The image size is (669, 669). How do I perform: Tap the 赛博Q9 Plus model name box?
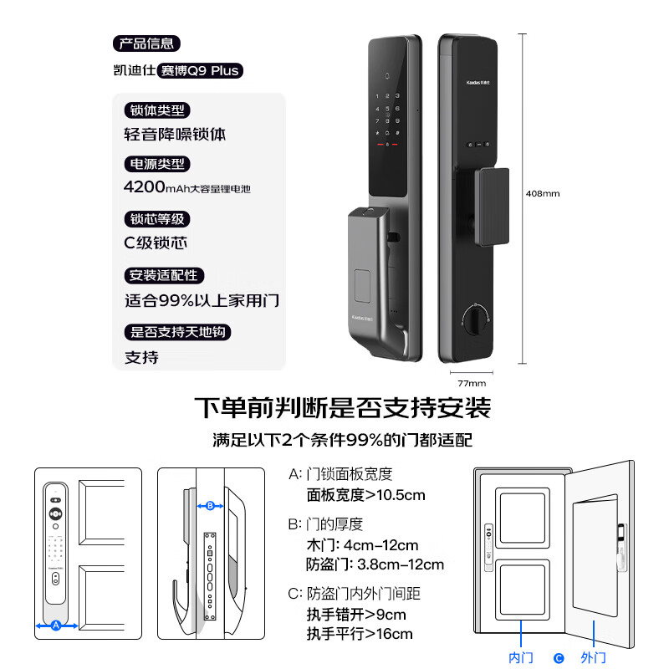click(201, 70)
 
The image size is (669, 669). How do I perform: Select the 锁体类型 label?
click(156, 110)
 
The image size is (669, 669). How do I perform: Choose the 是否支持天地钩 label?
click(177, 332)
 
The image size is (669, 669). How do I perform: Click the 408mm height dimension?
click(542, 193)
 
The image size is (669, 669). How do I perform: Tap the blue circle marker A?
click(56, 625)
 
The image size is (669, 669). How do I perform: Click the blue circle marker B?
click(211, 505)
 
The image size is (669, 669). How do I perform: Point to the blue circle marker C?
click(559, 658)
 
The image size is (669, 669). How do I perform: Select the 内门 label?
click(521, 658)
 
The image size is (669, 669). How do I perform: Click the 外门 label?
click(593, 658)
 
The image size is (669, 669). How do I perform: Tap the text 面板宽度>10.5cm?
click(366, 495)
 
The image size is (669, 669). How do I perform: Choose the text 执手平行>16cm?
click(360, 634)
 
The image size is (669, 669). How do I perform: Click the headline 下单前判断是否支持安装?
click(342, 408)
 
